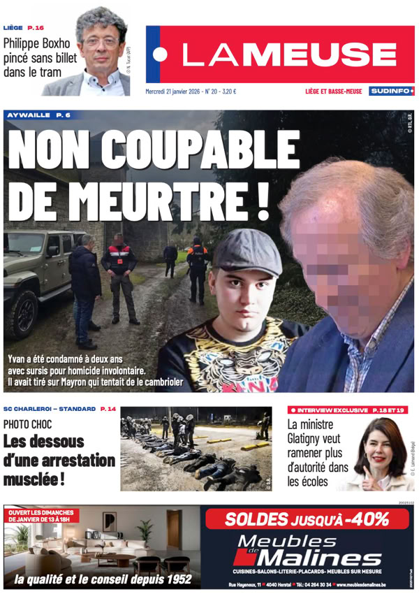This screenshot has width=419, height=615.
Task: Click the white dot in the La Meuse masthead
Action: [161, 55]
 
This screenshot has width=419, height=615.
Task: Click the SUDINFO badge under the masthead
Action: [391, 91]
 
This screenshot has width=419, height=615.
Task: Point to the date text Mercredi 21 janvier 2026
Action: [172, 92]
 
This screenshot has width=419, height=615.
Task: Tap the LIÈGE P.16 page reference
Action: [23, 28]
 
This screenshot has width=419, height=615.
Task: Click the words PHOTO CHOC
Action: [27, 424]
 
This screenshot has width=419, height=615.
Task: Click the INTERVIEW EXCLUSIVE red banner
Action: [347, 409]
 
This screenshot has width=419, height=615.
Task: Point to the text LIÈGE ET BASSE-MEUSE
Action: [333, 92]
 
